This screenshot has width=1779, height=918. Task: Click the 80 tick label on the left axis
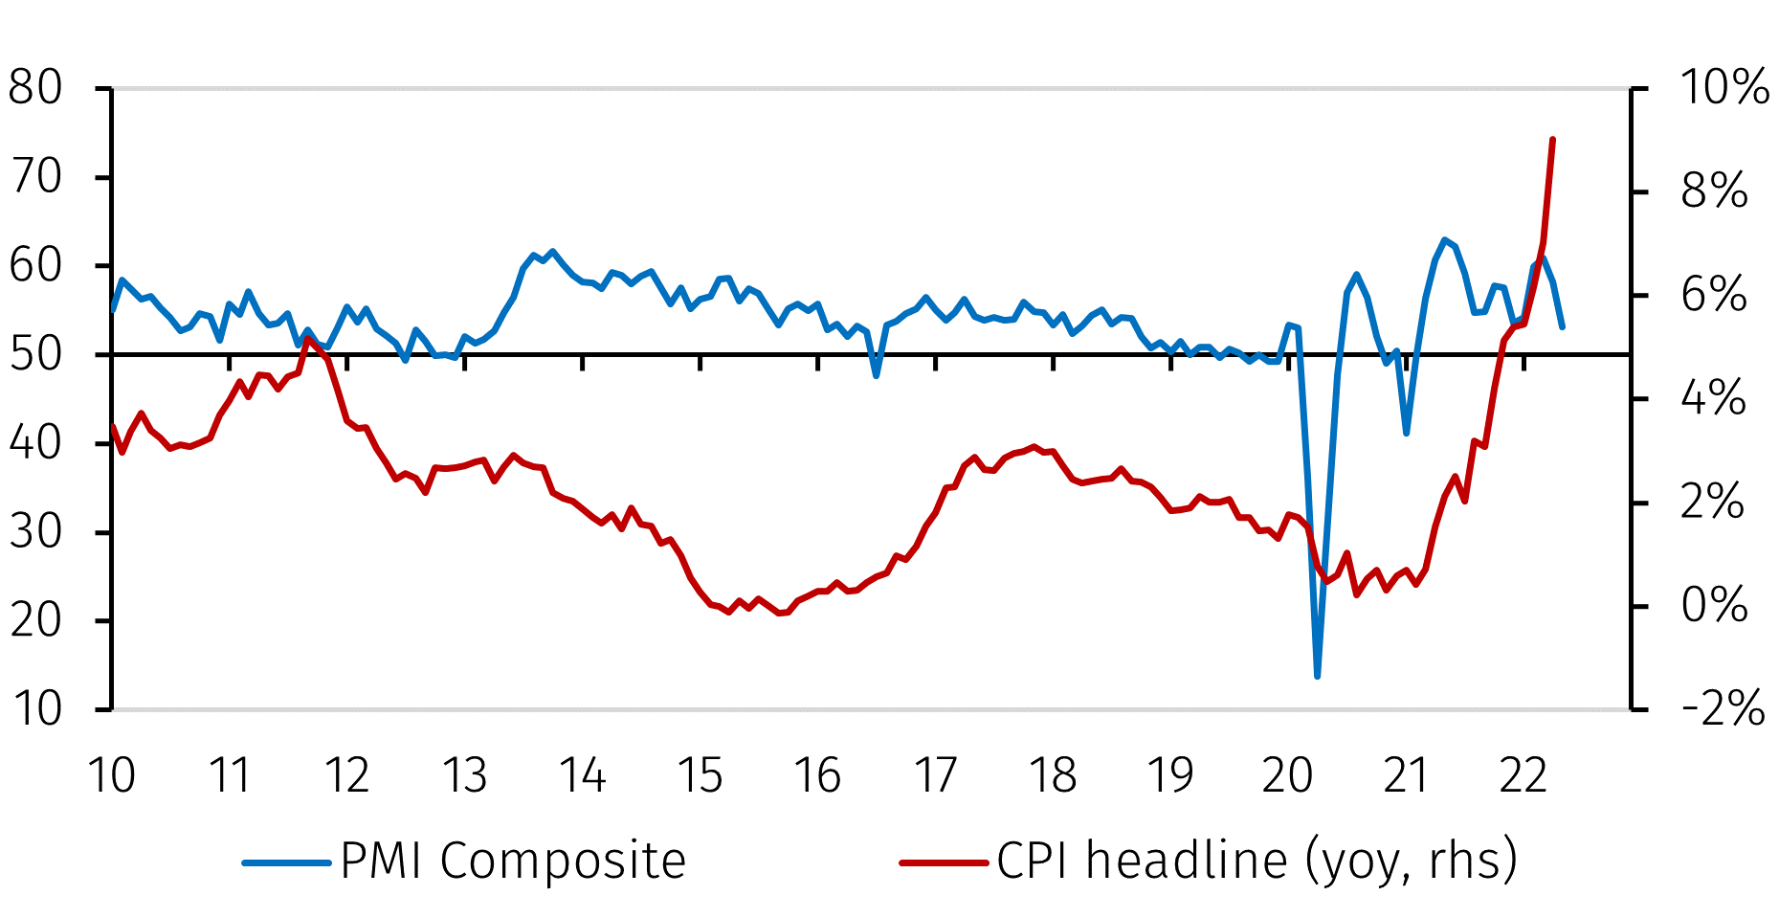click(35, 88)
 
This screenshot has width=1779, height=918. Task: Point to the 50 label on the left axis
click(35, 354)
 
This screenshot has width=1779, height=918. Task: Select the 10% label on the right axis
click(1723, 88)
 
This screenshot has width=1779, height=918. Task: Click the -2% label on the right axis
click(1722, 709)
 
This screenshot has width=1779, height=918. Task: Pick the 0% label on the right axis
click(1713, 606)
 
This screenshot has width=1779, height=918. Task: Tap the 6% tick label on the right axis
click(1713, 295)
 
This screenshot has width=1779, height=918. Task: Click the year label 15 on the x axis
click(700, 775)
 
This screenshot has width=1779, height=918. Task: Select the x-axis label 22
click(1523, 775)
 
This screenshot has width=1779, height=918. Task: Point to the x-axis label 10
click(112, 775)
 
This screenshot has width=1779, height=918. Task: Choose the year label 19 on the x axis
click(1170, 775)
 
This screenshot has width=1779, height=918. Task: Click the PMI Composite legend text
click(513, 861)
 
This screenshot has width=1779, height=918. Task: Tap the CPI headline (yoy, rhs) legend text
click(1256, 861)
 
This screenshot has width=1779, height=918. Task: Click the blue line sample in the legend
click(287, 862)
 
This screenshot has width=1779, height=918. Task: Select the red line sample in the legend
click(944, 862)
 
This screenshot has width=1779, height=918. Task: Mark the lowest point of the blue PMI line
click(1318, 677)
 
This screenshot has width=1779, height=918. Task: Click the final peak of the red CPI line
click(1552, 140)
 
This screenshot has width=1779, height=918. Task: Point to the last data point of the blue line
click(1562, 327)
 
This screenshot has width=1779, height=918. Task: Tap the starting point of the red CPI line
click(113, 426)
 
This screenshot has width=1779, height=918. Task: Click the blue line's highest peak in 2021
click(1444, 239)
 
